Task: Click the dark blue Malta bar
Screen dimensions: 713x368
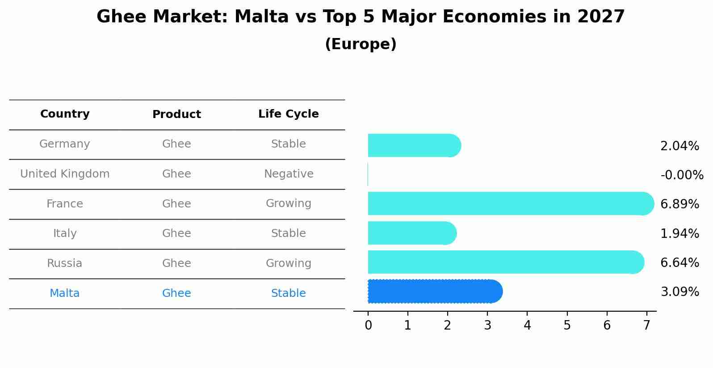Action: coord(435,291)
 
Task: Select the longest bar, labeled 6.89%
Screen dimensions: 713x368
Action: coord(511,203)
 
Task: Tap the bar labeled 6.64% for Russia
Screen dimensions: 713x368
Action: coord(506,262)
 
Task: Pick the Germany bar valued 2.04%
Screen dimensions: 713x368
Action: coord(415,145)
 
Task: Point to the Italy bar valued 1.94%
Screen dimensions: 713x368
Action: coord(412,233)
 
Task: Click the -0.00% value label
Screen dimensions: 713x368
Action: coord(682,175)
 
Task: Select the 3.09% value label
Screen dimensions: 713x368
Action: coord(680,292)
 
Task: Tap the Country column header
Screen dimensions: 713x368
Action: coord(65,114)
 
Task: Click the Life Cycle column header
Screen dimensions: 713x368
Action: coord(289,114)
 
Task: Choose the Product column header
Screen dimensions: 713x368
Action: coord(176,114)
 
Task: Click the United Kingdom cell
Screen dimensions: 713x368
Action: coord(65,173)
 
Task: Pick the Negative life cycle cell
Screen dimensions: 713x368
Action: coord(289,173)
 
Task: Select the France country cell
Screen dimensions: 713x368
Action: coord(65,203)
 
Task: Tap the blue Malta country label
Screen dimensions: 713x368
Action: coord(65,293)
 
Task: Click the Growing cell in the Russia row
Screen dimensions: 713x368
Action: coord(289,263)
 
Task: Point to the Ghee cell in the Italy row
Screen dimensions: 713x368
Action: coord(176,233)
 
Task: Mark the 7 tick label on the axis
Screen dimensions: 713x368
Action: coord(646,325)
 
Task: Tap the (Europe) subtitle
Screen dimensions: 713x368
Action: coord(361,44)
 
